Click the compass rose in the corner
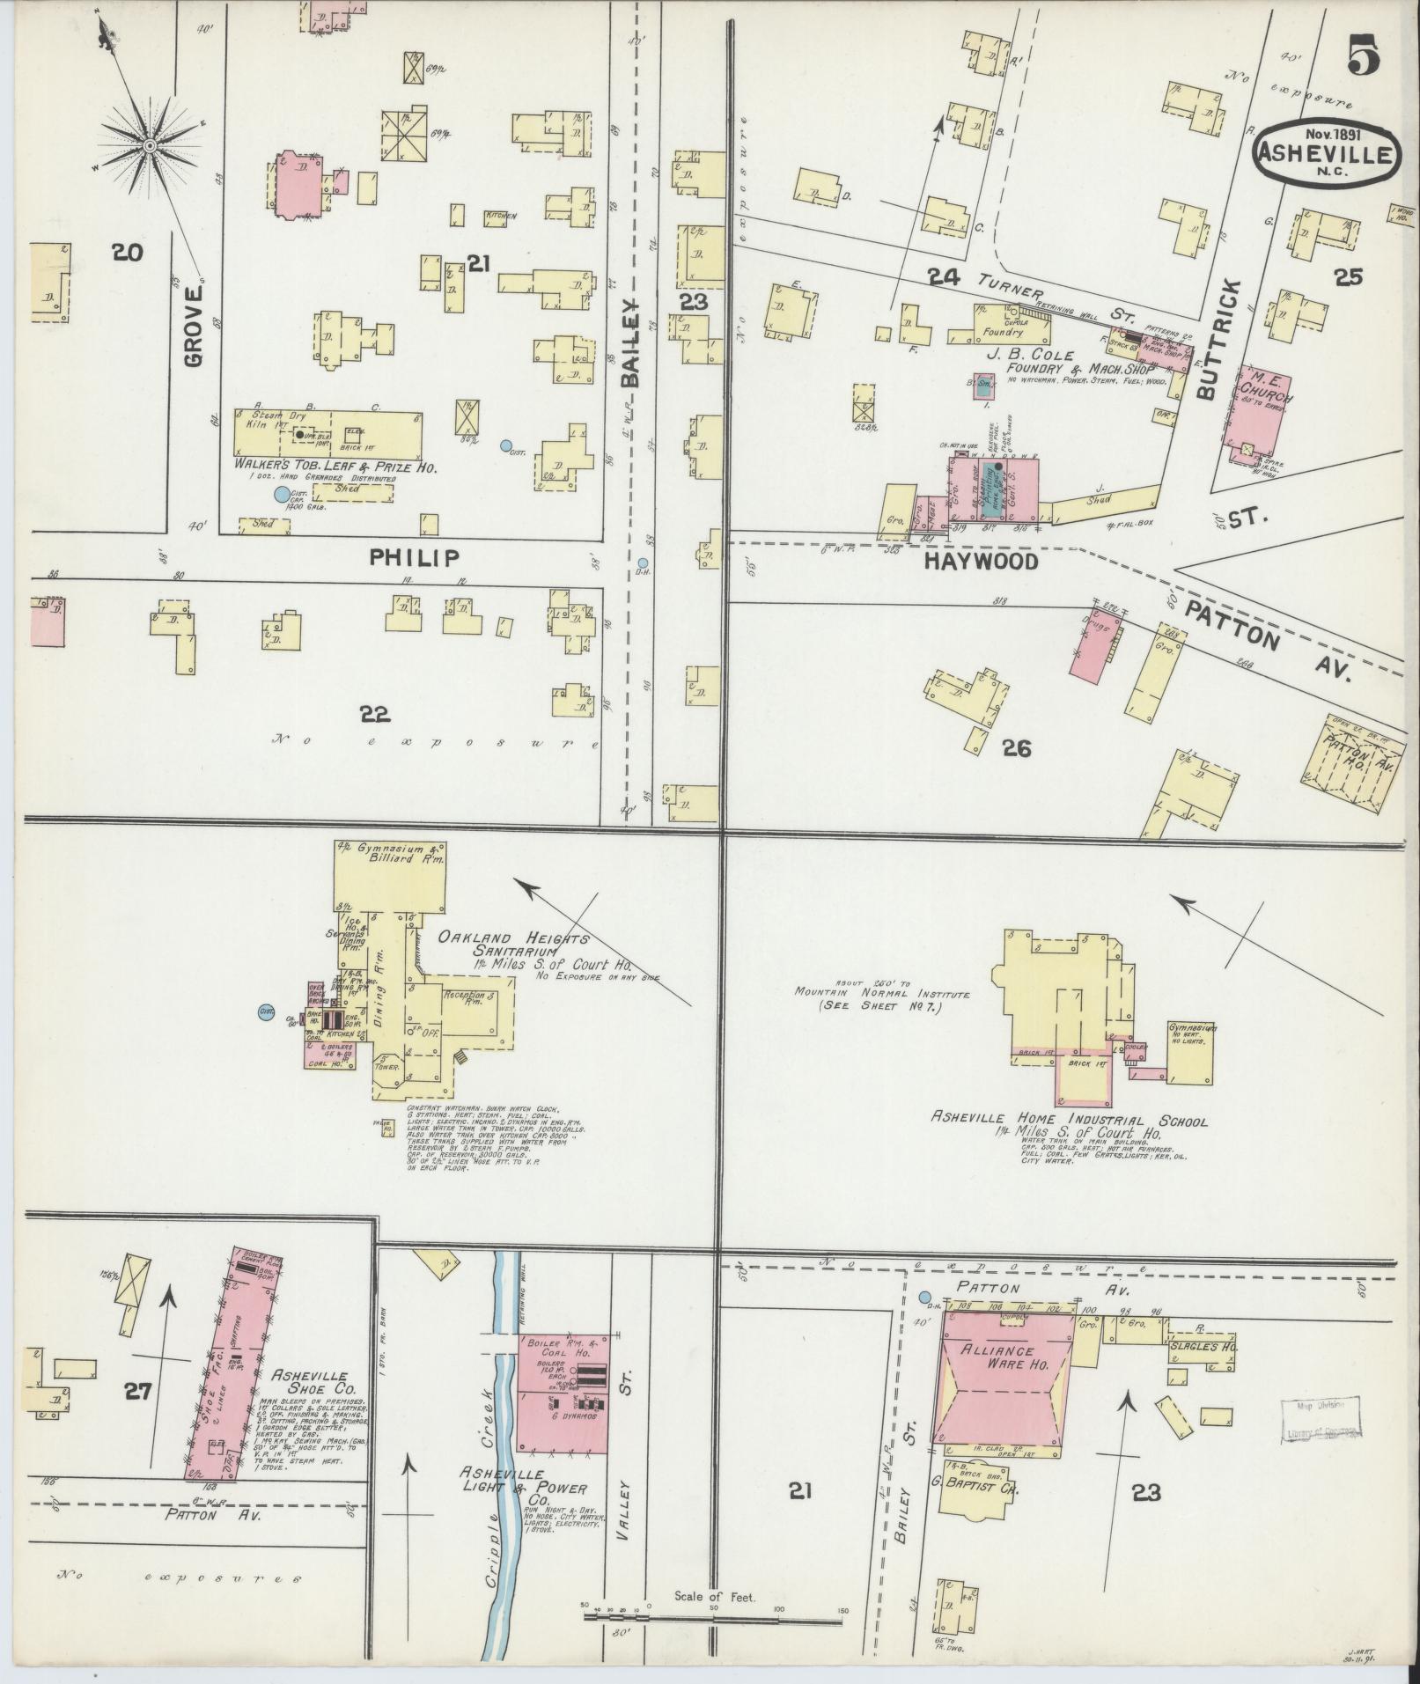[150, 144]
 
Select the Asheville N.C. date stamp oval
[1325, 152]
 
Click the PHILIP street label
[414, 557]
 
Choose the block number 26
[1015, 748]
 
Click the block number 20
[127, 254]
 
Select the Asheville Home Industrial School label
[1070, 1122]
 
